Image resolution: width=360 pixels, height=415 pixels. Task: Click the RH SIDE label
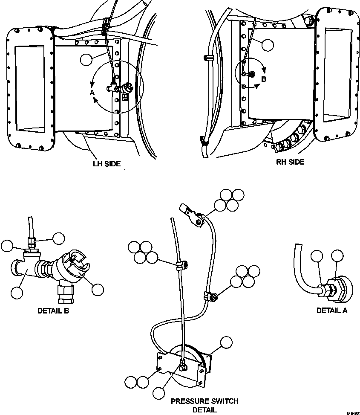click(x=290, y=162)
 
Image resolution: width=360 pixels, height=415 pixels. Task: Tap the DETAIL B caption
click(x=53, y=311)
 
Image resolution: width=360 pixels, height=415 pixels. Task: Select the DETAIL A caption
click(x=331, y=310)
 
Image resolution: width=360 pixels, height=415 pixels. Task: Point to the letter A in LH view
click(x=91, y=92)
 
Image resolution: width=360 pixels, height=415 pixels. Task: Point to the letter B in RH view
click(x=263, y=79)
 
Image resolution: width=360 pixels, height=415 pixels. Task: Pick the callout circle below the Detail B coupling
click(x=98, y=290)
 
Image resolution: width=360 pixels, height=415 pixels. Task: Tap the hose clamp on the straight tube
click(x=180, y=266)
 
